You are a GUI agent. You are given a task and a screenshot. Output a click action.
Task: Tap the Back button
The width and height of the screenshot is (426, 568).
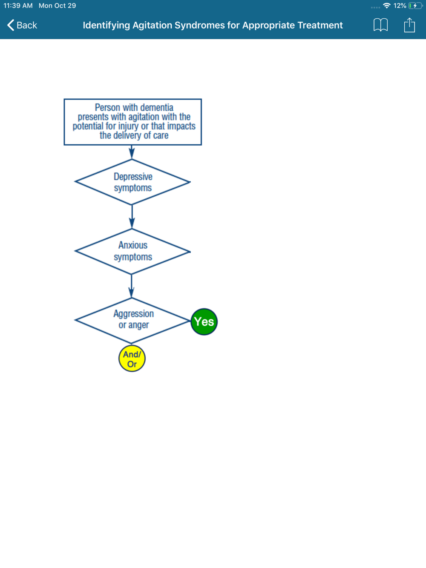click(22, 25)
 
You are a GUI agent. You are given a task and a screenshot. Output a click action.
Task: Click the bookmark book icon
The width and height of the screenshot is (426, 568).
click(380, 25)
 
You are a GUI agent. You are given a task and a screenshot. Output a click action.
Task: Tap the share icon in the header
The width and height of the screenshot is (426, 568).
click(409, 25)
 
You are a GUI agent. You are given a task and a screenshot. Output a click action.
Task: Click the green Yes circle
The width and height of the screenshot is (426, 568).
click(204, 322)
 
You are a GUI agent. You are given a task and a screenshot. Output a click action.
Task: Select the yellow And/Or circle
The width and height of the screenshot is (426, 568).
click(132, 359)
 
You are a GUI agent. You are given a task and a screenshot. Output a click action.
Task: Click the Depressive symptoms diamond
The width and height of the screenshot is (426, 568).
click(132, 182)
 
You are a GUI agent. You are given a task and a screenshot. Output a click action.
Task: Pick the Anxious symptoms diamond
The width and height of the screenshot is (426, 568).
click(132, 251)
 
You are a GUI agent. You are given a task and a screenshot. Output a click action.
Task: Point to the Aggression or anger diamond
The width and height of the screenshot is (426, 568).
click(133, 320)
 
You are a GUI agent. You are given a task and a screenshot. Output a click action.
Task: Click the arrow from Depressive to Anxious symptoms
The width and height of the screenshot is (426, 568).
click(132, 217)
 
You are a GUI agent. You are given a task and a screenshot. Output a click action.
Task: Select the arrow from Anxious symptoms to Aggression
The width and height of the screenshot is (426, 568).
click(132, 286)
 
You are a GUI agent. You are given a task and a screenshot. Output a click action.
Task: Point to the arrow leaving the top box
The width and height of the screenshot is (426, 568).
click(132, 152)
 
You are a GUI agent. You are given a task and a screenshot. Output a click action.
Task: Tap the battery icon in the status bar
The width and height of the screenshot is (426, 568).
click(414, 6)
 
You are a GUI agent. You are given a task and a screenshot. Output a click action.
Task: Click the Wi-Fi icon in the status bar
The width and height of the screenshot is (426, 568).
click(387, 6)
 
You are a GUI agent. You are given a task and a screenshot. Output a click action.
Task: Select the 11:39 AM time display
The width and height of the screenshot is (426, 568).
click(18, 6)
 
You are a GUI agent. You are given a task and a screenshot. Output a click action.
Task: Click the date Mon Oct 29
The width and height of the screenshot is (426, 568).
click(57, 6)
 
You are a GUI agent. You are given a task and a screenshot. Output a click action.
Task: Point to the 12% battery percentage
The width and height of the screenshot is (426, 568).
click(400, 6)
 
